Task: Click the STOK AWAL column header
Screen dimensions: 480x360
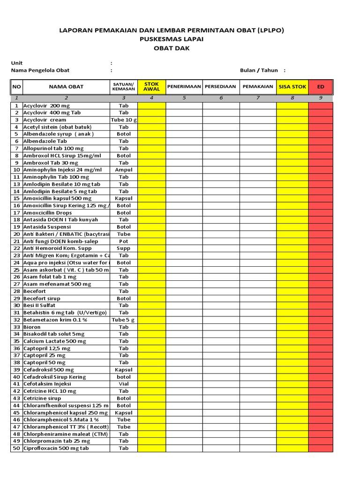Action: point(151,87)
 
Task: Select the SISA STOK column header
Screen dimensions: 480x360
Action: point(292,87)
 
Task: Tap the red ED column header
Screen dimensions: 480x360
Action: point(321,87)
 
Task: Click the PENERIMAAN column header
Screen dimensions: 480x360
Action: point(184,87)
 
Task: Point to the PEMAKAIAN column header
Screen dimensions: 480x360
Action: point(258,87)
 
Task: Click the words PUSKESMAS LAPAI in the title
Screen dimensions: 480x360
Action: point(172,39)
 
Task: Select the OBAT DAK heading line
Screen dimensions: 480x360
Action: point(172,48)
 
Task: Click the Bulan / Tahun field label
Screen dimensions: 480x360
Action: point(259,70)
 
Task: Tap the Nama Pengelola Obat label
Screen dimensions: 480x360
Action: point(40,70)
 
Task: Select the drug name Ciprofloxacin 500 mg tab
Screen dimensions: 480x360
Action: point(56,448)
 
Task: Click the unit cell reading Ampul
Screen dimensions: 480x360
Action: point(124,170)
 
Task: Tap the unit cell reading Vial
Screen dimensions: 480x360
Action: point(124,384)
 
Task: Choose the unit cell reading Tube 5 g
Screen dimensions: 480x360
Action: point(124,320)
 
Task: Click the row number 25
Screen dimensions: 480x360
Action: point(16,270)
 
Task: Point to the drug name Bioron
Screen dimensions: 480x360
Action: point(32,327)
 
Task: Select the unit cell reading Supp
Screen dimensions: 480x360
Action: point(124,248)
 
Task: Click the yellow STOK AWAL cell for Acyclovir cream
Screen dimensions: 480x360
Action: point(151,120)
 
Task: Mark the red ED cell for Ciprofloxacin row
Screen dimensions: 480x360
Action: point(321,448)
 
